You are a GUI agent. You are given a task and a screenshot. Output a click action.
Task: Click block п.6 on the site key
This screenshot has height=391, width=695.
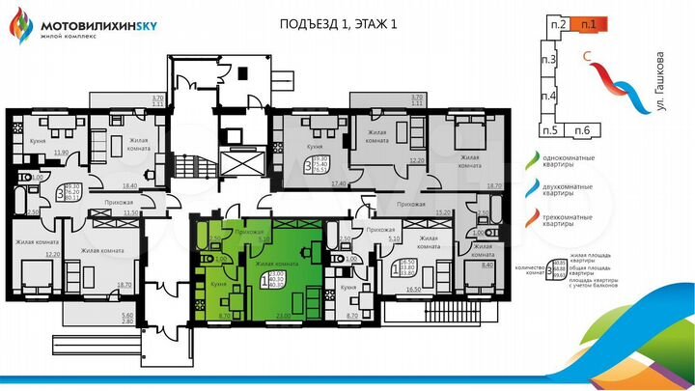(582, 130)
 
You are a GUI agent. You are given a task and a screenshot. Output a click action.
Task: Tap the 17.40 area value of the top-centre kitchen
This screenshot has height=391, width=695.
(337, 182)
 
